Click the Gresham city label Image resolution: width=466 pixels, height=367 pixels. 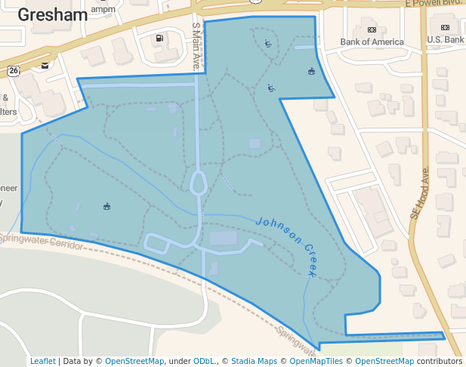coord(48,14)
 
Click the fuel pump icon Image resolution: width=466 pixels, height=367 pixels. coord(159,39)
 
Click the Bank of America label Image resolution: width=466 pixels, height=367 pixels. coord(372,42)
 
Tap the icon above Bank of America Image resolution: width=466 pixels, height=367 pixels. coord(372,29)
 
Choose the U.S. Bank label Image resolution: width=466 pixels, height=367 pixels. coord(445,39)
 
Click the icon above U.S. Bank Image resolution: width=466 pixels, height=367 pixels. coord(445,28)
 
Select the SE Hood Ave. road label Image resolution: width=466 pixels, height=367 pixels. coord(420,193)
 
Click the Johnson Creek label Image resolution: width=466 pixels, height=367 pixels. coord(289,243)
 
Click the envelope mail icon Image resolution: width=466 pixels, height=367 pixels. coord(46,66)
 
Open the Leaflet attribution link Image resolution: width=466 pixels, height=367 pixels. coord(43,362)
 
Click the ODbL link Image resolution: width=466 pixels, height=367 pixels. coord(203,362)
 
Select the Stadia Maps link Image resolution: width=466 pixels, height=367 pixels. coord(254,362)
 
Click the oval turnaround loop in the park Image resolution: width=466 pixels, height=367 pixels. coord(199,183)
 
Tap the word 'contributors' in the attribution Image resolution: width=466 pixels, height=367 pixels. coord(440,362)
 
